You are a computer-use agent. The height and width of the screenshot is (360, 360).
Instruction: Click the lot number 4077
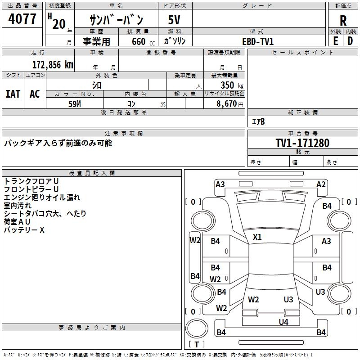point(22,18)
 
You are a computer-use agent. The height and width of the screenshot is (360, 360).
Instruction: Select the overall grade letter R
point(343,21)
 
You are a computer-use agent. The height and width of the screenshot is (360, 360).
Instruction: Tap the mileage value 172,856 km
point(53,65)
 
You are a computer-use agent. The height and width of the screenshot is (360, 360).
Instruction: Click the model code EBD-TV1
point(258,41)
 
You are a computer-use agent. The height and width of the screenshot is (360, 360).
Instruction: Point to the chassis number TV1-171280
point(302,143)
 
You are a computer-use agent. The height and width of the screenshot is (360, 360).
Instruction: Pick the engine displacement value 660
point(139,41)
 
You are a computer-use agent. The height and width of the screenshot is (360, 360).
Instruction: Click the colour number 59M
point(75,104)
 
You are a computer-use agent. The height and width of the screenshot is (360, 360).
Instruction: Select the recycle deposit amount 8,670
point(226,103)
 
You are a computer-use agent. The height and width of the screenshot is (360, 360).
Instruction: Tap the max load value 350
point(227,85)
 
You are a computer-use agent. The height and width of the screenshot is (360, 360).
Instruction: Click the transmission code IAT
point(13,94)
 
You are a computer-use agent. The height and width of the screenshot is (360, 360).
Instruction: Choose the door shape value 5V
point(174,20)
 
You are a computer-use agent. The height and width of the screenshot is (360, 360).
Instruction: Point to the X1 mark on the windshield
point(257,237)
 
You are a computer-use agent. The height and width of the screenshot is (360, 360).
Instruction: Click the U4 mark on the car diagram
point(283,322)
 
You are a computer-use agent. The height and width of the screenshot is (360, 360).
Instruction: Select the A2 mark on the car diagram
point(321,184)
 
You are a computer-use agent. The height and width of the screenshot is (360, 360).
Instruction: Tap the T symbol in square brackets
point(197,344)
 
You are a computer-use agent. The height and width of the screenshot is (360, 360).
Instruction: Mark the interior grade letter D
point(350,41)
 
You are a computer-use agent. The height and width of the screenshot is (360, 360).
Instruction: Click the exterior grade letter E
point(336,41)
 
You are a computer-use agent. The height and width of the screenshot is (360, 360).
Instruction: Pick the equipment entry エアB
point(258,121)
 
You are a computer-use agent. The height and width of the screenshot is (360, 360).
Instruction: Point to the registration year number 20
point(59,24)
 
